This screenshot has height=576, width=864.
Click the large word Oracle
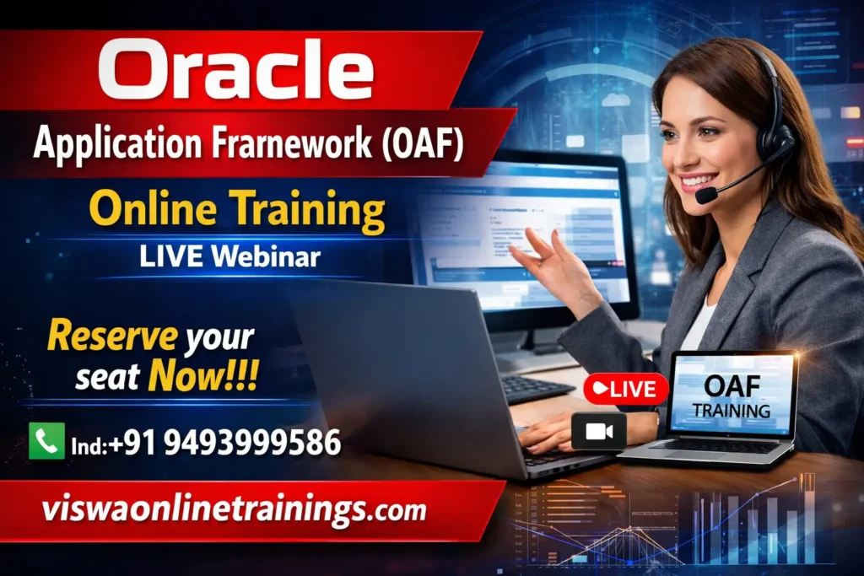pyautogui.click(x=236, y=70)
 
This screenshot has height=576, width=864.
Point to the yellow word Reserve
pyautogui.click(x=112, y=336)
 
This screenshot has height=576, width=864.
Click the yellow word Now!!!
pyautogui.click(x=203, y=376)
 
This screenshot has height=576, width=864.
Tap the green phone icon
pyautogui.click(x=47, y=440)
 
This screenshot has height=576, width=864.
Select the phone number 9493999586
pyautogui.click(x=252, y=443)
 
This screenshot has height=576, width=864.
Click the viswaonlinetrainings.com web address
pyautogui.click(x=234, y=509)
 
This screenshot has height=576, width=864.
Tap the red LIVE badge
pyautogui.click(x=626, y=390)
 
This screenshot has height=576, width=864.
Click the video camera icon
pyautogui.click(x=599, y=432)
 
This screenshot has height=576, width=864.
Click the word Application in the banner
pyautogui.click(x=117, y=143)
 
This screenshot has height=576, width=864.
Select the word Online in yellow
pyautogui.click(x=154, y=208)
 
